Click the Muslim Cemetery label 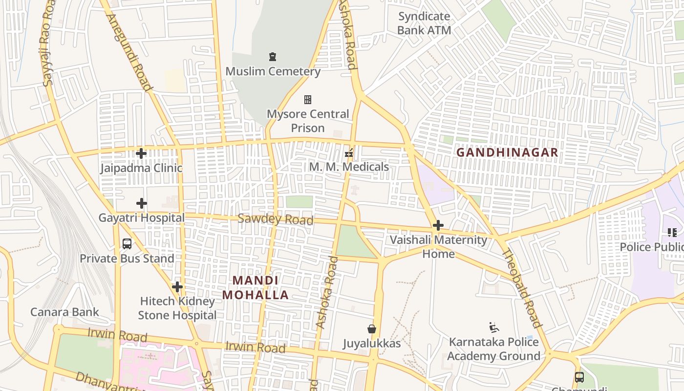273,71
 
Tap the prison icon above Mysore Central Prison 308,100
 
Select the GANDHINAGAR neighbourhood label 507,152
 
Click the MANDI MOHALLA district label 256,288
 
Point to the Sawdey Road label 275,219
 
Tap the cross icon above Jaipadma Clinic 141,153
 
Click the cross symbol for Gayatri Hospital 142,203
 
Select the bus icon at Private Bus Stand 127,244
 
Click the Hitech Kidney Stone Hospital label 177,308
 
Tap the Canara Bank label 64,312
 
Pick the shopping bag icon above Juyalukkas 372,329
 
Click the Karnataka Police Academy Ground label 493,349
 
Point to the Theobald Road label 522,288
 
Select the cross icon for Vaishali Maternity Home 438,225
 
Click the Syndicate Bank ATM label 424,23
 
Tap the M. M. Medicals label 349,167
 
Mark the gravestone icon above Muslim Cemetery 273,57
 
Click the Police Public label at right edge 652,247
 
